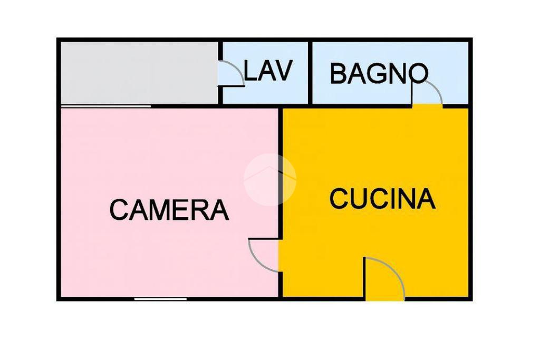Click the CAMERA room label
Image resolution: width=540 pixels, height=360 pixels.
tap(169, 210)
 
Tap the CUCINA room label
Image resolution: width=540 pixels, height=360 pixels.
tap(382, 199)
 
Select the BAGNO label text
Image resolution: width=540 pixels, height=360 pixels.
tap(379, 74)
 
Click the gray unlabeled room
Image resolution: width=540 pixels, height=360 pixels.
tap(138, 73)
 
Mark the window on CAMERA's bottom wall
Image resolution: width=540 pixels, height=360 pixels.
tap(160, 299)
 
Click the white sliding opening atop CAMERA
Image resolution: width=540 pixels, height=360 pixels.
tap(105, 106)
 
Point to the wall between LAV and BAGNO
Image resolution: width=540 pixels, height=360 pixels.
tap(310, 73)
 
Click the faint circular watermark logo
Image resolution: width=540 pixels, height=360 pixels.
tap(269, 179)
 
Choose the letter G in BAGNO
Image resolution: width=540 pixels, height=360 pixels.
tap(377, 74)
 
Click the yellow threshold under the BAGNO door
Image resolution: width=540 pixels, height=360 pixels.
tap(427, 106)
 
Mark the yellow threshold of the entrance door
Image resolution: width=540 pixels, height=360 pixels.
tap(385, 299)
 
